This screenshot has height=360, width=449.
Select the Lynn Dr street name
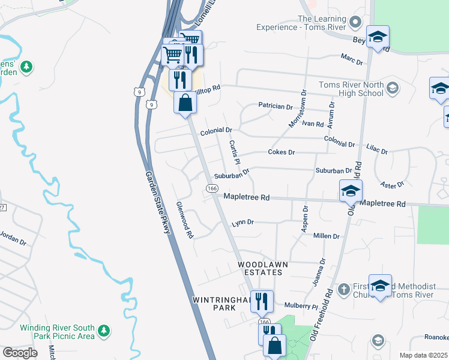(243, 223)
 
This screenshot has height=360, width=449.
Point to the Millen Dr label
(327, 236)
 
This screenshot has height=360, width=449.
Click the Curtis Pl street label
(234, 153)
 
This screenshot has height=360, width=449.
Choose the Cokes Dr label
(281, 152)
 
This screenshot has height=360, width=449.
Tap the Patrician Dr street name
(275, 106)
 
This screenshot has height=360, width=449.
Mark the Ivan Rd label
(313, 124)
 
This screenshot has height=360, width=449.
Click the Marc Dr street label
(352, 59)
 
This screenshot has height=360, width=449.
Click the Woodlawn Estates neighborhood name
(262, 268)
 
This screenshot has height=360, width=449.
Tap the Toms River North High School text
(351, 89)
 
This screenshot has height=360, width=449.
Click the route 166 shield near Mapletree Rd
(212, 188)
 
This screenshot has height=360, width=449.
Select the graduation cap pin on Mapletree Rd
(351, 191)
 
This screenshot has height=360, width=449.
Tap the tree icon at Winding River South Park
(104, 331)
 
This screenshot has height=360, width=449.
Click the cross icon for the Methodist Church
(343, 289)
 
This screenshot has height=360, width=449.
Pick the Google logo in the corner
(20, 352)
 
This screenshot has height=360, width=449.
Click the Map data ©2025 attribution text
(423, 355)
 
